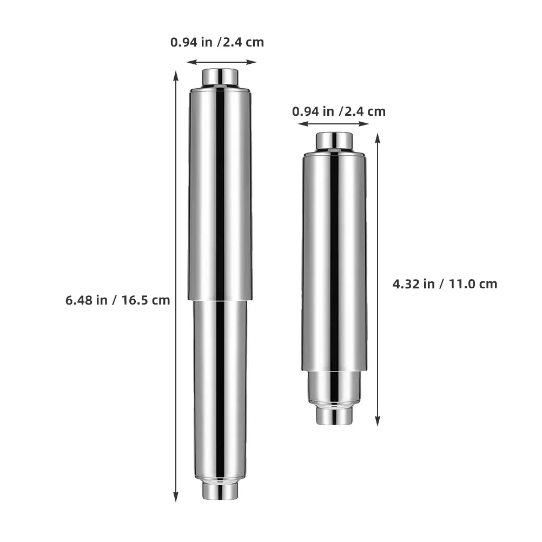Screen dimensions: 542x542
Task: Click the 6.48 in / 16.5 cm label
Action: (x=117, y=300)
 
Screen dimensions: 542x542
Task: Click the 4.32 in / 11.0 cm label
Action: (x=445, y=284)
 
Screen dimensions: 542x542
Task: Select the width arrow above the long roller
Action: (x=221, y=62)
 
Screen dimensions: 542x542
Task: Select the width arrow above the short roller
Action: (x=334, y=124)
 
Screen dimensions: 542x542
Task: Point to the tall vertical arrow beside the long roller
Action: (x=176, y=286)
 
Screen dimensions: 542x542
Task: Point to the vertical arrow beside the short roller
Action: (x=378, y=279)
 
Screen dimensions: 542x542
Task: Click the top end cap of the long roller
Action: (x=220, y=77)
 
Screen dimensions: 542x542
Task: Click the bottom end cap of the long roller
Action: (x=220, y=491)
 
